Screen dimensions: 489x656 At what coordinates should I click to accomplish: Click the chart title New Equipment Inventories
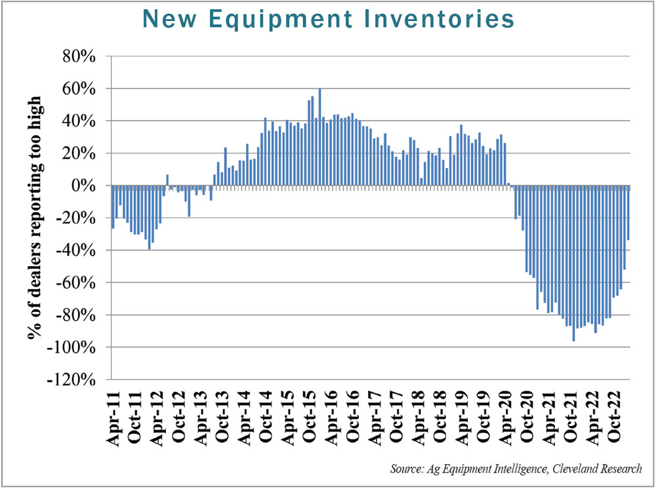click(328, 20)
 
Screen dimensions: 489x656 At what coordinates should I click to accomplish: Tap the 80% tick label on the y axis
click(80, 56)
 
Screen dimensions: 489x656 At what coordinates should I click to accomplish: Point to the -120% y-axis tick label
click(77, 380)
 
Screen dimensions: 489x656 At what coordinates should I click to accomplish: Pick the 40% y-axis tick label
click(80, 121)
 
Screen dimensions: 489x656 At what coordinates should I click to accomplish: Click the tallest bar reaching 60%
click(319, 137)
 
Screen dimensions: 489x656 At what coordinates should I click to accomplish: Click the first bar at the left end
click(113, 206)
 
